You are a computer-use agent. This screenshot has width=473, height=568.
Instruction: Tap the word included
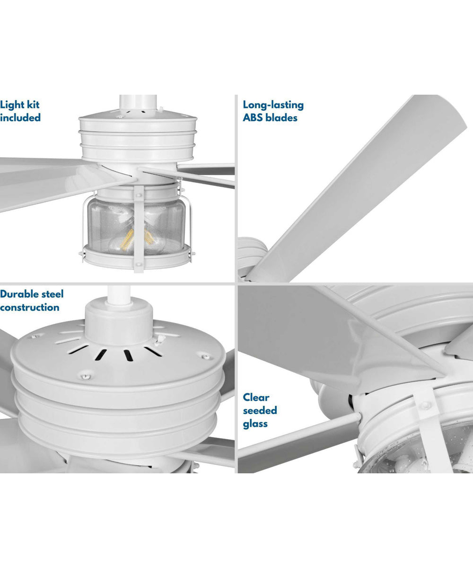point(20,117)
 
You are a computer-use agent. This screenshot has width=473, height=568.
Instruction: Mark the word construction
point(29,307)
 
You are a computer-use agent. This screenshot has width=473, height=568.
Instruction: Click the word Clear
point(256,397)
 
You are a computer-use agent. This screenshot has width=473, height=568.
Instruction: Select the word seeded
point(260,410)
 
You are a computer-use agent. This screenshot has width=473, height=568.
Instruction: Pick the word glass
point(255,424)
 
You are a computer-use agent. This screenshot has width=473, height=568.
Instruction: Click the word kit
point(33,105)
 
